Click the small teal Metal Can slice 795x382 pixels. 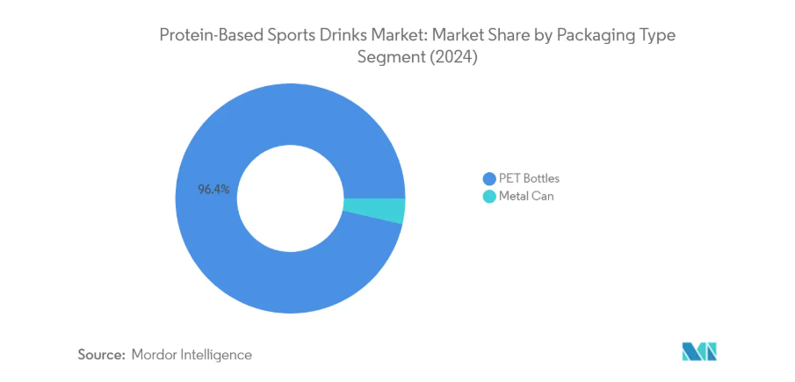[373, 211]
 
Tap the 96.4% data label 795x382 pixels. [214, 189]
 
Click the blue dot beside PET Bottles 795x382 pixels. [488, 178]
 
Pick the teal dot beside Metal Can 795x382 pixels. [488, 197]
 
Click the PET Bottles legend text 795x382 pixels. [529, 178]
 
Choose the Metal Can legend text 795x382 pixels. [526, 197]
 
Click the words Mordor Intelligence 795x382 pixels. [192, 355]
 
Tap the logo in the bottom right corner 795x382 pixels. [699, 351]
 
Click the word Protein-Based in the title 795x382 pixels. [203, 36]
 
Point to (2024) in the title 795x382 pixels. [451, 58]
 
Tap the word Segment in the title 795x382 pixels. [387, 58]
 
